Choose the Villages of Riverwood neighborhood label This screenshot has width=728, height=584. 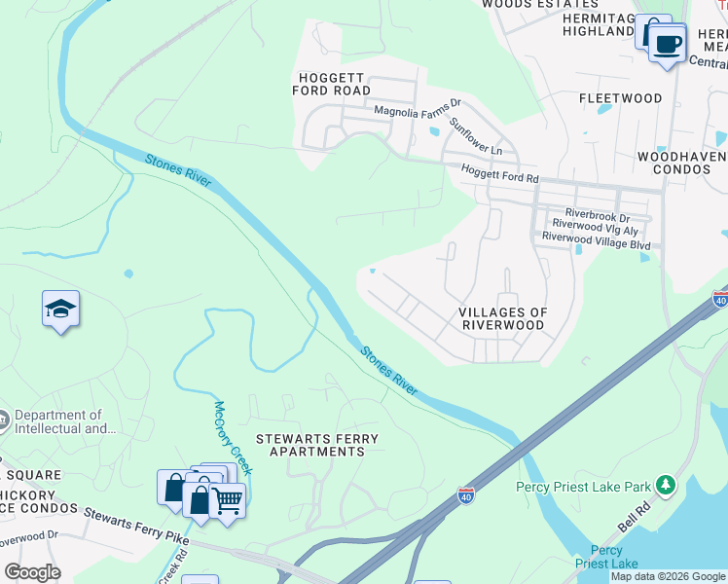click(503, 318)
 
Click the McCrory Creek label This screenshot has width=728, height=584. click(234, 438)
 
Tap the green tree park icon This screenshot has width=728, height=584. click(666, 484)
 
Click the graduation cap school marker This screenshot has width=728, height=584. click(61, 310)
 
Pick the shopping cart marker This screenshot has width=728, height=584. click(228, 501)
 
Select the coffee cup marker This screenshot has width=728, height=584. click(667, 44)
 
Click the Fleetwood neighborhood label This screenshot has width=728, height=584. click(620, 98)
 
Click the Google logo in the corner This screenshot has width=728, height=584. click(32, 573)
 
